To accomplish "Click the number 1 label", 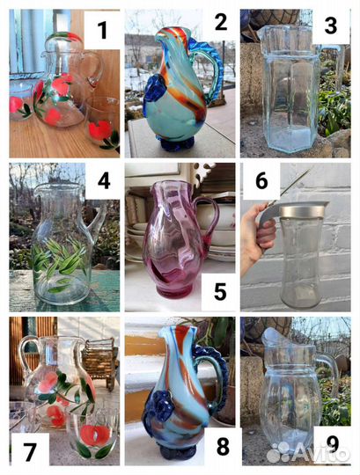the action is coord(102,30).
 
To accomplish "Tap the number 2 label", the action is coord(221,21).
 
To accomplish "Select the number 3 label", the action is coord(330,26).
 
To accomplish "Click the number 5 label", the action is coord(220,291).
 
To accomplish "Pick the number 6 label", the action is coord(261,180).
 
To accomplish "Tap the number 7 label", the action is coord(30,451).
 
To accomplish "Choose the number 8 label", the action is coord(223,446).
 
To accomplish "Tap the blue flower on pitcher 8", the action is coord(160,406).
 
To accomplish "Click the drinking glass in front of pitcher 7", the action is coord(92,432).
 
